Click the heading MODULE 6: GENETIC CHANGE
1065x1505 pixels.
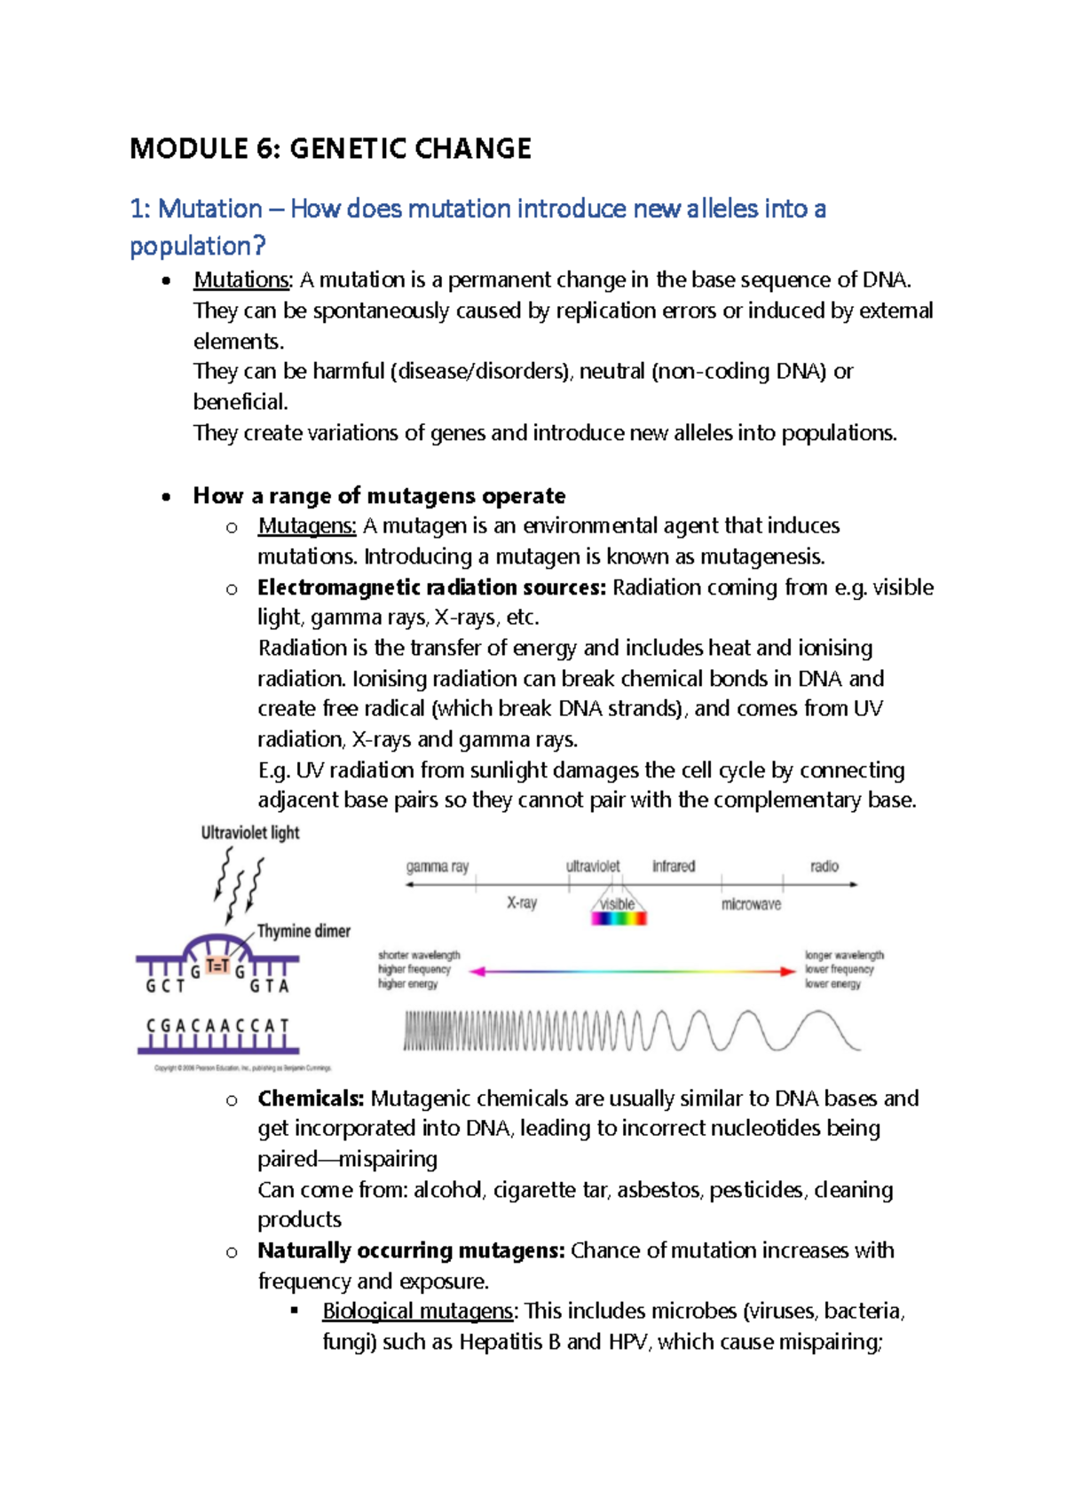330,148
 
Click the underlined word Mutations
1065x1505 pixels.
241,280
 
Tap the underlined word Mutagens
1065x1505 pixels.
306,526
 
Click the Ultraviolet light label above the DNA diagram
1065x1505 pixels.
250,833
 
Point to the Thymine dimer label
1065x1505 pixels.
304,931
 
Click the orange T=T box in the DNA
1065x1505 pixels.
217,966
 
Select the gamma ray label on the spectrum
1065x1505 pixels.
437,866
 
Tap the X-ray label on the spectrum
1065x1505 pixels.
522,902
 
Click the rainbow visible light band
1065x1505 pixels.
619,918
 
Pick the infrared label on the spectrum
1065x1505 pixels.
674,866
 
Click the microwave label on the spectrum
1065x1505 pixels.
751,904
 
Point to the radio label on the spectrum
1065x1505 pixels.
824,866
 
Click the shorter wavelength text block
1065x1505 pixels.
418,969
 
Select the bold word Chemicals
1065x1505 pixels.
311,1099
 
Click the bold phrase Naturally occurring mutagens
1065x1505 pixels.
411,1250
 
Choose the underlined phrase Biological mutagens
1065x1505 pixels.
417,1312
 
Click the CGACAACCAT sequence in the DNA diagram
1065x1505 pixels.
217,1026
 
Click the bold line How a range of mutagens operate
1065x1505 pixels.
379,496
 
